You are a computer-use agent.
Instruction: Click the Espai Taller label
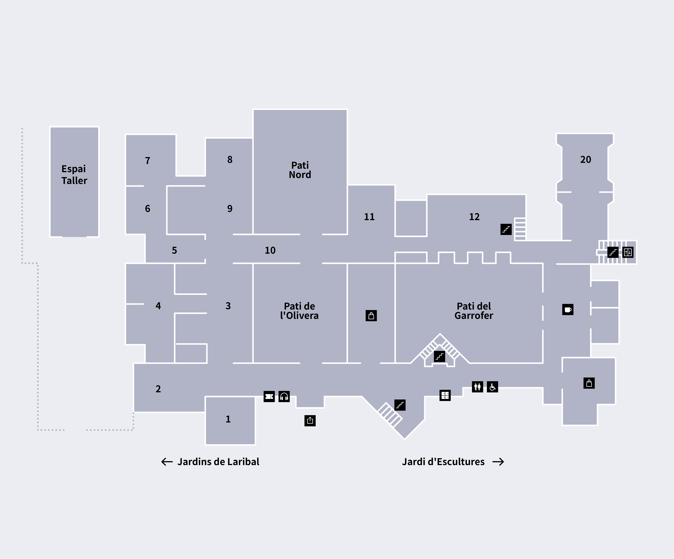coord(74,175)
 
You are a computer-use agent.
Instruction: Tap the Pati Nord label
coord(300,170)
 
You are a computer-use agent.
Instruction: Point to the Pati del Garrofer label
coord(474,311)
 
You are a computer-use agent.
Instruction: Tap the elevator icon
coord(628,252)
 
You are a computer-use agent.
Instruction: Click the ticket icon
coord(269,397)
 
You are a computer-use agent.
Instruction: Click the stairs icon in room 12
coord(506,229)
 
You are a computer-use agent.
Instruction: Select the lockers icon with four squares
coord(445,395)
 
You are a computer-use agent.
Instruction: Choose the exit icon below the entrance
coord(310,420)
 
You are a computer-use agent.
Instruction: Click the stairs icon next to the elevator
coord(613,252)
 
